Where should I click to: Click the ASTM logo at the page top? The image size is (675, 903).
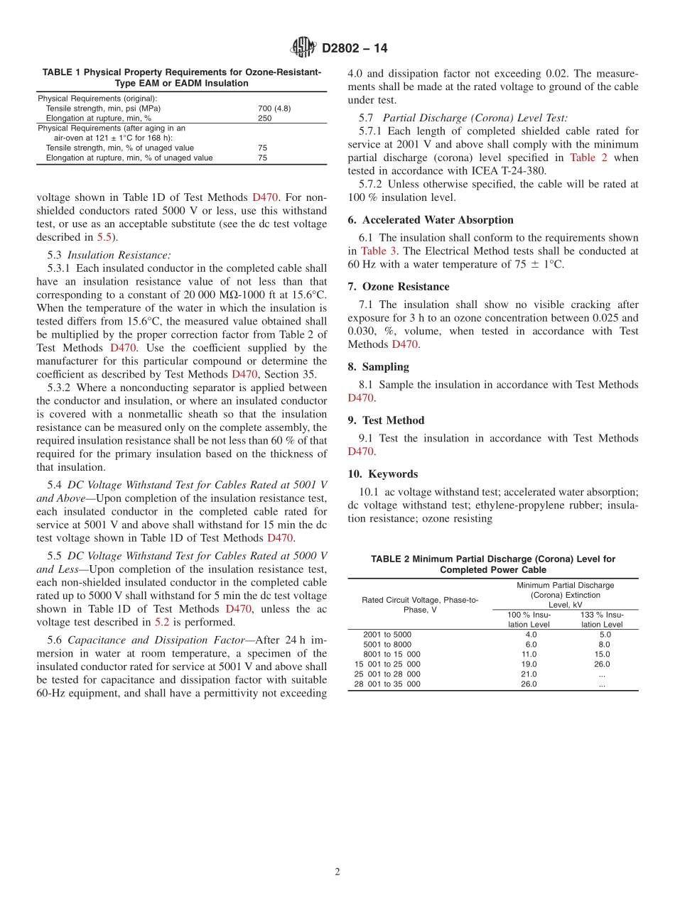(303, 48)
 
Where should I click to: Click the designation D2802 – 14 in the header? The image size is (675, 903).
(355, 48)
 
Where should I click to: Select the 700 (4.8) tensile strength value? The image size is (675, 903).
(274, 109)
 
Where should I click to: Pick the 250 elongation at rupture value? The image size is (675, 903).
(264, 119)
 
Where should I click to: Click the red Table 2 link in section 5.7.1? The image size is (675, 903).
(588, 158)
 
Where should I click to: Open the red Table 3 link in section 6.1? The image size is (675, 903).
(373, 251)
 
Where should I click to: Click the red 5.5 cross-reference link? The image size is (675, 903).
(104, 237)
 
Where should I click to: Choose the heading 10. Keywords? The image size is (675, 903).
(383, 474)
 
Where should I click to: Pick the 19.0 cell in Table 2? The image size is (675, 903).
(529, 664)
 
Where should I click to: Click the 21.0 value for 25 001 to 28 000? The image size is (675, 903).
(529, 674)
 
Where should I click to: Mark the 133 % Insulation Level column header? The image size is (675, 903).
(601, 620)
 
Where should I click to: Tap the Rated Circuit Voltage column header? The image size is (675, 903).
(420, 605)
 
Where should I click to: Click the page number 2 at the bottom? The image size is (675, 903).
(337, 872)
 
